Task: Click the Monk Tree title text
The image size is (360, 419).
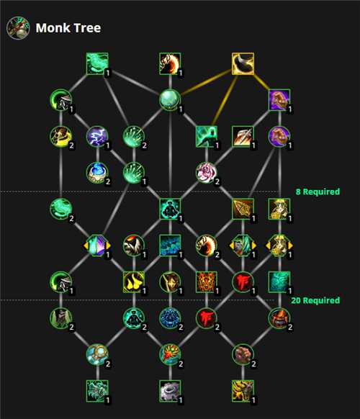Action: click(68, 28)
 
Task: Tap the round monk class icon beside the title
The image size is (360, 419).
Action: click(18, 28)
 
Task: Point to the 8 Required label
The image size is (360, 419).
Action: click(318, 192)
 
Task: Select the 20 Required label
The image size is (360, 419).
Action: click(315, 300)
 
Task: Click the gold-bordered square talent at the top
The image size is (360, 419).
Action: click(243, 63)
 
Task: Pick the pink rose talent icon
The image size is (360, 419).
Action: click(207, 173)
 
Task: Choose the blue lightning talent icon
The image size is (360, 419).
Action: click(97, 137)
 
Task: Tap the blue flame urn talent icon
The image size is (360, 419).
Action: click(97, 173)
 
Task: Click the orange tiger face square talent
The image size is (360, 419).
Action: click(207, 282)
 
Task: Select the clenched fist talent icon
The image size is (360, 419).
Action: click(243, 355)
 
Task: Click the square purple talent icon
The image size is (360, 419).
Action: click(279, 100)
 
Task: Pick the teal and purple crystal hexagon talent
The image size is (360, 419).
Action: click(97, 245)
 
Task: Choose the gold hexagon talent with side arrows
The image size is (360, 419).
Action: click(279, 245)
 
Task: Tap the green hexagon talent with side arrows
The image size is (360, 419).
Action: click(243, 245)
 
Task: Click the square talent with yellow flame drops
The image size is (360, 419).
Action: click(134, 282)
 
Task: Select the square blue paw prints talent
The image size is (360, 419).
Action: click(170, 245)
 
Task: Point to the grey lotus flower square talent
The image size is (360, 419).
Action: click(170, 391)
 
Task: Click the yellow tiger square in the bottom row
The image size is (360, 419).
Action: click(243, 391)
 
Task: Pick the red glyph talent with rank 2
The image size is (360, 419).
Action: click(207, 318)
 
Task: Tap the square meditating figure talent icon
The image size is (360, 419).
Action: click(170, 209)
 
